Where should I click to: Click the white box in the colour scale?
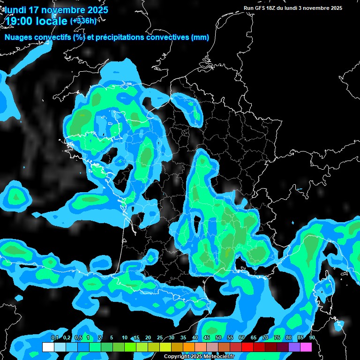click(x=48, y=347)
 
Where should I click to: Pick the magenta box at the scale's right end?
click(x=306, y=347)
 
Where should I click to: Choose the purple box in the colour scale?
click(x=294, y=347)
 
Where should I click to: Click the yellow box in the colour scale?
click(x=165, y=347)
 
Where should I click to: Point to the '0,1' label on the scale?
click(x=54, y=338)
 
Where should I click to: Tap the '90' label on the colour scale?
click(x=312, y=338)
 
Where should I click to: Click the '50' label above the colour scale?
click(x=218, y=338)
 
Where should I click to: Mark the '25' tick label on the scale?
click(x=160, y=338)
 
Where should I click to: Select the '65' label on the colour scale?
click(x=254, y=338)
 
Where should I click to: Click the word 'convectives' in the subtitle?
click(x=169, y=37)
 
